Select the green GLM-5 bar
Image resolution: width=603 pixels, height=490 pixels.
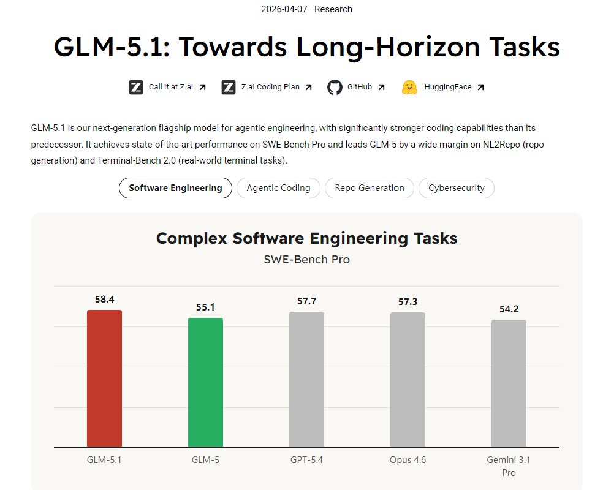tap(205, 382)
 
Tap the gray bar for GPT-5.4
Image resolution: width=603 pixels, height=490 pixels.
tap(306, 379)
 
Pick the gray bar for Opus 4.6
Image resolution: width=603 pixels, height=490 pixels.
tap(408, 380)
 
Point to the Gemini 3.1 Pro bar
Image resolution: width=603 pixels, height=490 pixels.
tap(509, 383)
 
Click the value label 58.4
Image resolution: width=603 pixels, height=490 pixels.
tap(104, 300)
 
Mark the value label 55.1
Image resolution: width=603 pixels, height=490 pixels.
tap(205, 307)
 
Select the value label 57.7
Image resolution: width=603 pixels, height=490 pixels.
tap(306, 301)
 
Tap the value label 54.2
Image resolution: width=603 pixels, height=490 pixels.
tap(509, 309)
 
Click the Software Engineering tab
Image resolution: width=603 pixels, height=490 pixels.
tap(175, 188)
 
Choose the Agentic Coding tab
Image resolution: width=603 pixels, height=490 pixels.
tap(278, 188)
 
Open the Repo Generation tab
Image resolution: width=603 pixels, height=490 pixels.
tap(369, 188)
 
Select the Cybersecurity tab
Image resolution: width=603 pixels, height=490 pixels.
tap(456, 188)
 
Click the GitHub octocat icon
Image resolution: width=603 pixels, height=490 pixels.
tap(335, 87)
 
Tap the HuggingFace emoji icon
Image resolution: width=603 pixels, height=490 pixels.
tap(409, 87)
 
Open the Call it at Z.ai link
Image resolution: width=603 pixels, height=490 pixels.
tap(170, 87)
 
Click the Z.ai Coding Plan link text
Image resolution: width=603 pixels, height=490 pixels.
tap(270, 87)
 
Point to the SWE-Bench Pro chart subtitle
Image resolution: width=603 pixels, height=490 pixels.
tap(306, 259)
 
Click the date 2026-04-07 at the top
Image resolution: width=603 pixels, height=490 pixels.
tap(285, 9)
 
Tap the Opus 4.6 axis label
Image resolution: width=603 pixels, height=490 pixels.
tap(408, 460)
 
